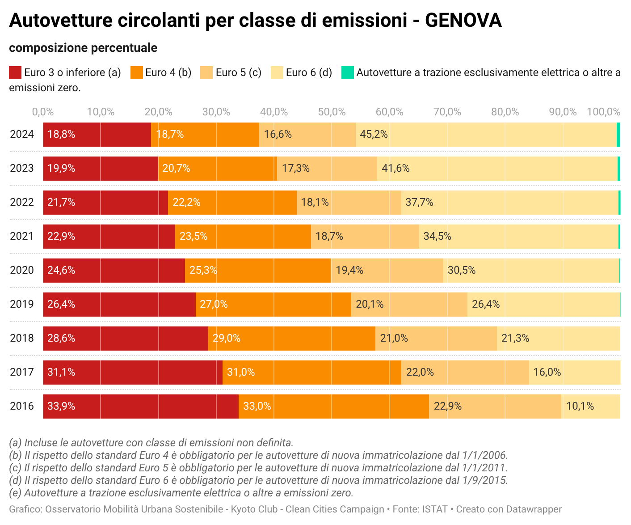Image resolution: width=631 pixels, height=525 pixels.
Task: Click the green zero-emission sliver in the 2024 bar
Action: tap(618, 135)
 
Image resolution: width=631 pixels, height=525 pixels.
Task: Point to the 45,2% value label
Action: tap(374, 135)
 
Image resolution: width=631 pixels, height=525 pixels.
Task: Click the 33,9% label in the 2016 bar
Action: tap(61, 406)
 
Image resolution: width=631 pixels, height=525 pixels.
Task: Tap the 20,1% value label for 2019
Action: tap(370, 305)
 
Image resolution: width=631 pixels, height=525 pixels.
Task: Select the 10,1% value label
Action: tap(580, 406)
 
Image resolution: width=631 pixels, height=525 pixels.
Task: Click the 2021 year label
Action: tap(22, 237)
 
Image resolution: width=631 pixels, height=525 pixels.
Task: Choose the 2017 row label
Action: tap(22, 373)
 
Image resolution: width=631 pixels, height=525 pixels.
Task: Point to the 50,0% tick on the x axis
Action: tap(332, 112)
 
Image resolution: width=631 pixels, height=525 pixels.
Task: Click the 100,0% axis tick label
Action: tap(603, 112)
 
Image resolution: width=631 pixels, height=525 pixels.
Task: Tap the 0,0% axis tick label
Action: tap(43, 112)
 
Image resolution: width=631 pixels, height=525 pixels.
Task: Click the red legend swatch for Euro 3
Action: tap(15, 72)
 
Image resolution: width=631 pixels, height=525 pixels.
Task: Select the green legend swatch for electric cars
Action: tap(348, 72)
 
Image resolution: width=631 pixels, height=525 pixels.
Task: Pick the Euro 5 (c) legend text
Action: tap(238, 73)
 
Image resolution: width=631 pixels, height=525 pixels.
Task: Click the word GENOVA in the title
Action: tap(463, 21)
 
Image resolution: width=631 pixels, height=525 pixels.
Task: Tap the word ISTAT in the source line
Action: tap(435, 509)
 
